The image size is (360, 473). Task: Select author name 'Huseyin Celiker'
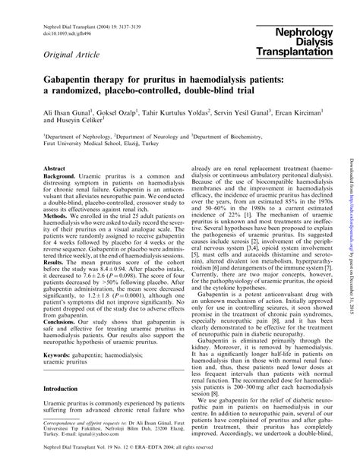(85, 121)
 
